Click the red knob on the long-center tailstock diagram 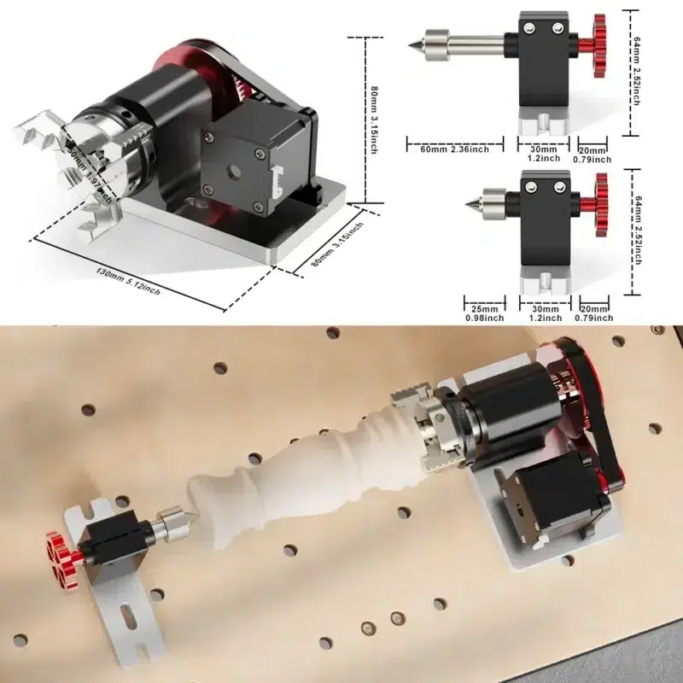pos(594,45)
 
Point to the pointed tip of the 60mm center pos(411,41)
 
